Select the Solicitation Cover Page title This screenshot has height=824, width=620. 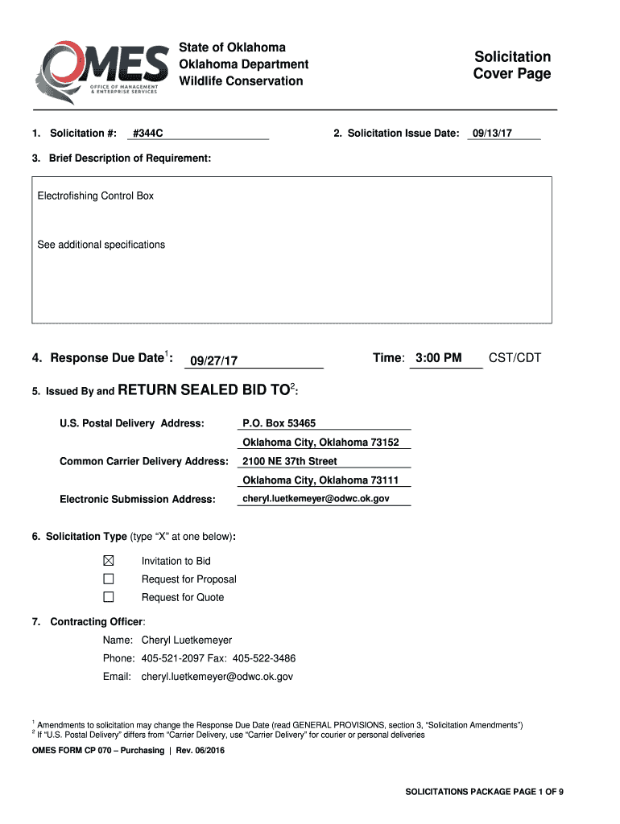pyautogui.click(x=512, y=65)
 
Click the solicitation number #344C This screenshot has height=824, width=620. pyautogui.click(x=149, y=133)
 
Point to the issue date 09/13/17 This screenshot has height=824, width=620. pyautogui.click(x=492, y=133)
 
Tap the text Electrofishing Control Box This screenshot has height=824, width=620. pyautogui.click(x=96, y=196)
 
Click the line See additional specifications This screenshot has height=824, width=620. pyautogui.click(x=101, y=245)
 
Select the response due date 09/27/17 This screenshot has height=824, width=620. pyautogui.click(x=213, y=360)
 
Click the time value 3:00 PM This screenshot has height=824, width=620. pyautogui.click(x=439, y=357)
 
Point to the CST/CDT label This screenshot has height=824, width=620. pyautogui.click(x=515, y=357)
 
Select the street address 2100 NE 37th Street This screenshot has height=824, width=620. pyautogui.click(x=290, y=461)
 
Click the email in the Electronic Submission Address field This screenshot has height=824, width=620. pyautogui.click(x=316, y=499)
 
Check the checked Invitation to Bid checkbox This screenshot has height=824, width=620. pyautogui.click(x=109, y=561)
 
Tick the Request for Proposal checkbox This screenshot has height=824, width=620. pyautogui.click(x=109, y=579)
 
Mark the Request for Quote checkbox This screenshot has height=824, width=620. pyautogui.click(x=109, y=597)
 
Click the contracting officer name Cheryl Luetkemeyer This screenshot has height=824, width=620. pyautogui.click(x=187, y=641)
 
